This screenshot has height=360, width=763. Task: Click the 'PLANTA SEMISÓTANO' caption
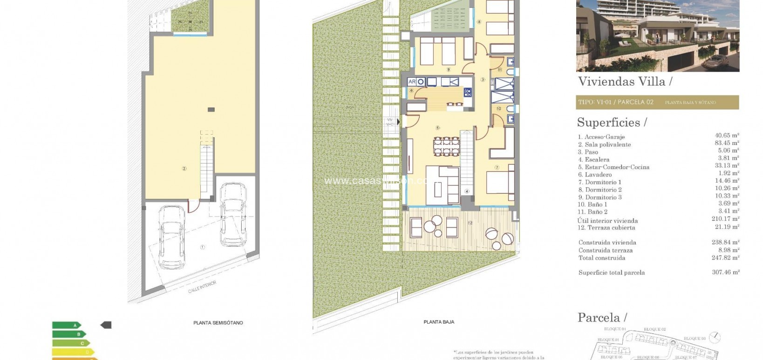(218, 323)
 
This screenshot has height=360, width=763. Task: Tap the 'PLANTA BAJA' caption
(439, 322)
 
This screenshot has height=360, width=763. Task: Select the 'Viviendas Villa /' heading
(624, 82)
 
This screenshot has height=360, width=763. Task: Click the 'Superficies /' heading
(612, 122)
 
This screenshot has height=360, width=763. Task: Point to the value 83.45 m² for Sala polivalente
(727, 143)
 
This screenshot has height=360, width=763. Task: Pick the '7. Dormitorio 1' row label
(599, 182)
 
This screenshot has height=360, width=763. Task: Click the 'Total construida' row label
(601, 258)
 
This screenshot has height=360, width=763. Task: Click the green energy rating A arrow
(67, 325)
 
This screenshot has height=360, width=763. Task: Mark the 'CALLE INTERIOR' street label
(202, 286)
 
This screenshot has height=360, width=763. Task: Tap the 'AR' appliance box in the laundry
(412, 82)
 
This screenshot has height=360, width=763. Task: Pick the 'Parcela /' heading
(602, 318)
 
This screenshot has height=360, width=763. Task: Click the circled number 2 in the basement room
(184, 169)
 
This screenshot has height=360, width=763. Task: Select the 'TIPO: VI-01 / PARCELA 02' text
(615, 102)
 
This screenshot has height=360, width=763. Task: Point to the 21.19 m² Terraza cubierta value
(727, 227)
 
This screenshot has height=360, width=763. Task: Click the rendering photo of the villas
(657, 35)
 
